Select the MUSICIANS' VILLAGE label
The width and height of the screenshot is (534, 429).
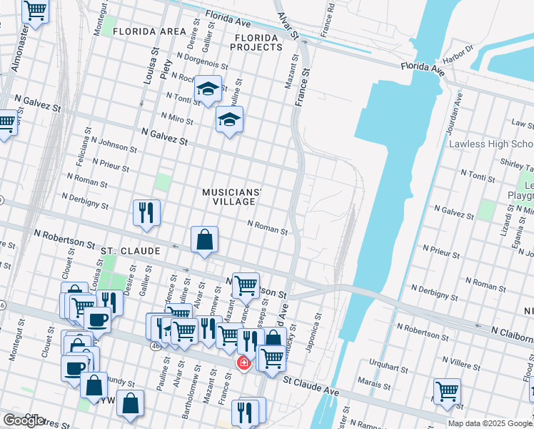pyautogui.click(x=232, y=197)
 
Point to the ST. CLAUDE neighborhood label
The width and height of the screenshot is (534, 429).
pyautogui.click(x=128, y=251)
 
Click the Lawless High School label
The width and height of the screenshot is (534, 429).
pyautogui.click(x=491, y=144)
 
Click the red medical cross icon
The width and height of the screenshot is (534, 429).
pyautogui.click(x=243, y=364)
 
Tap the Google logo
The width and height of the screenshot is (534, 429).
pyautogui.click(x=24, y=421)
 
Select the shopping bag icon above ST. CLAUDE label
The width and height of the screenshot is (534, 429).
pyautogui.click(x=204, y=241)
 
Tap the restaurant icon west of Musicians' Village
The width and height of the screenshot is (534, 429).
pyautogui.click(x=146, y=213)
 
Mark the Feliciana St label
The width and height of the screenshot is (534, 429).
pyautogui.click(x=80, y=165)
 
